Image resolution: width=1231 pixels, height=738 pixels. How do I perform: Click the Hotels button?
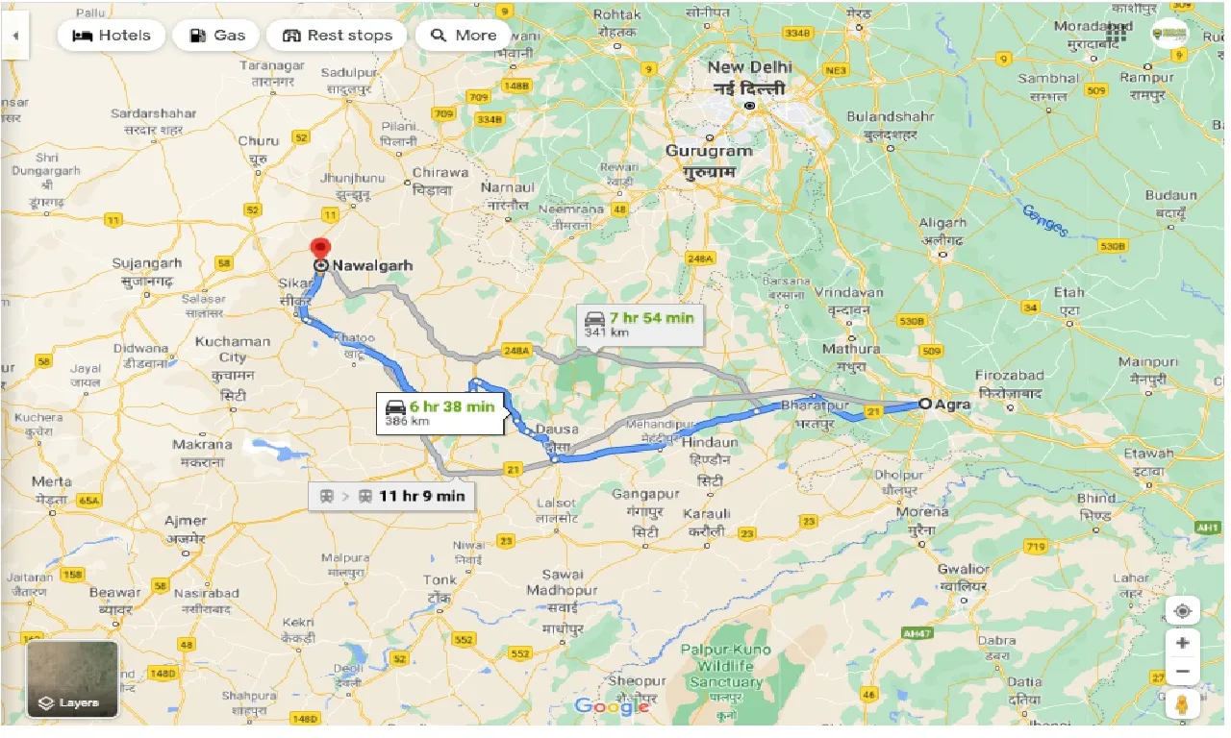click(x=113, y=36)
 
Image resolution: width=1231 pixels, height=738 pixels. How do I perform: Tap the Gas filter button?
click(x=218, y=36)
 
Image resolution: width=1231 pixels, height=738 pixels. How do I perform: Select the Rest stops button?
click(x=337, y=36)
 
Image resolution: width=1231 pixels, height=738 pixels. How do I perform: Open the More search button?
click(x=464, y=36)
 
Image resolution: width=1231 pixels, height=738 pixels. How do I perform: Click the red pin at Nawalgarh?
click(x=321, y=248)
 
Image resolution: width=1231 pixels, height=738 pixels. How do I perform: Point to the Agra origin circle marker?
click(x=925, y=405)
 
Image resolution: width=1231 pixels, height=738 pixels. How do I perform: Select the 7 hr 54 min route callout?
click(x=640, y=325)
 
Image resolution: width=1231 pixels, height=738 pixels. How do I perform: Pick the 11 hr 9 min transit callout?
click(x=392, y=496)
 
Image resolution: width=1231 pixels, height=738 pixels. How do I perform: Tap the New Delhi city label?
click(x=749, y=77)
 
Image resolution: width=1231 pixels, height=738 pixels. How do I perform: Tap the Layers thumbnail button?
click(x=72, y=679)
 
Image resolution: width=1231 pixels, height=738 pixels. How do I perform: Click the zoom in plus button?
click(x=1182, y=643)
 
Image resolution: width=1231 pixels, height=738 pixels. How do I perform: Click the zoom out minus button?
click(x=1182, y=672)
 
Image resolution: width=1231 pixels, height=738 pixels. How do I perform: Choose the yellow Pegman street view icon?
click(x=1182, y=704)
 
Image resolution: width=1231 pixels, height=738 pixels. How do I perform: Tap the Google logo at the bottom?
click(x=611, y=707)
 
